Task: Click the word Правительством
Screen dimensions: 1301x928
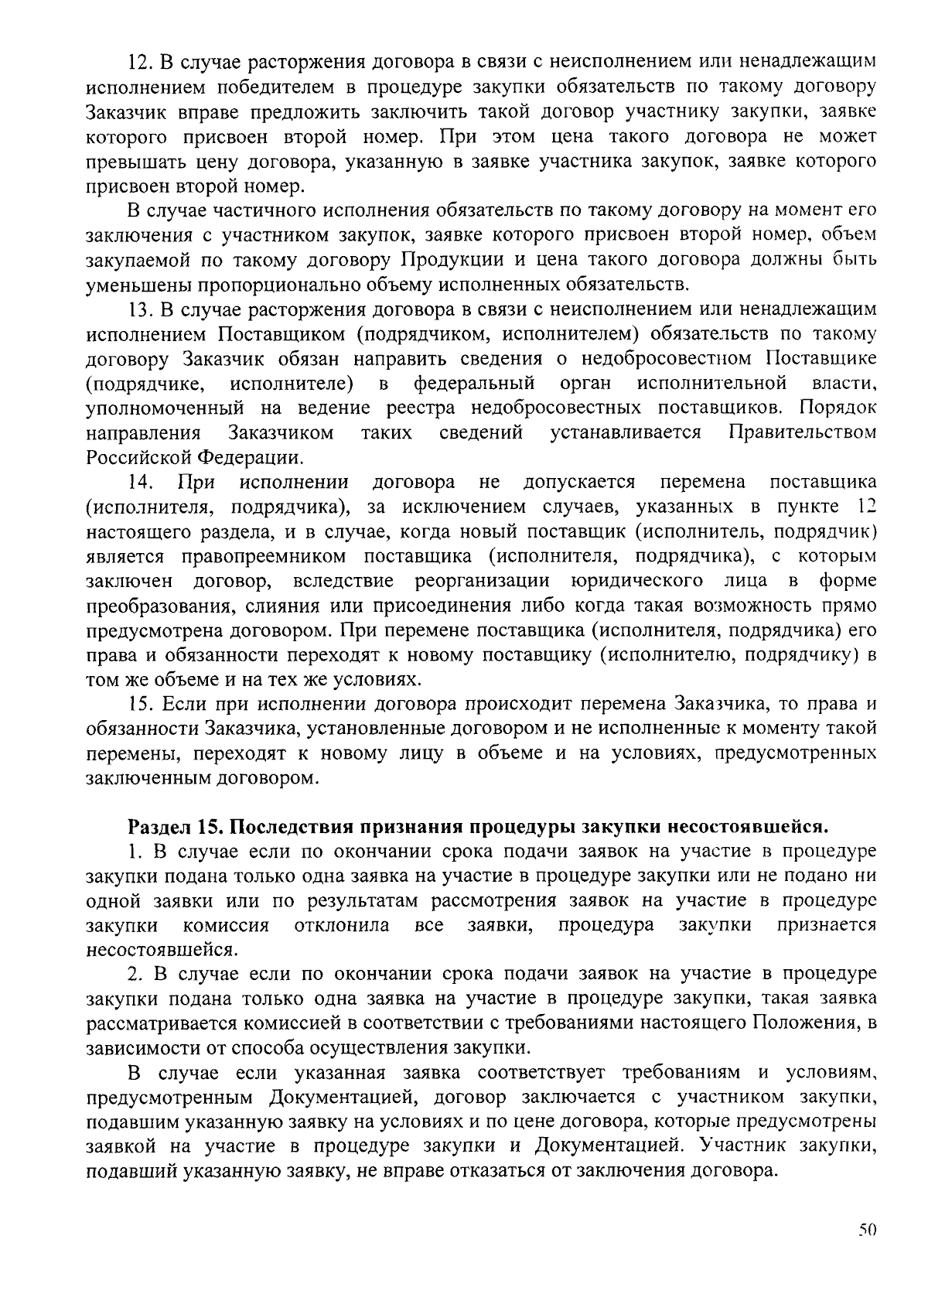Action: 803,432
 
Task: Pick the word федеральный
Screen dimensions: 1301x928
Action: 474,383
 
